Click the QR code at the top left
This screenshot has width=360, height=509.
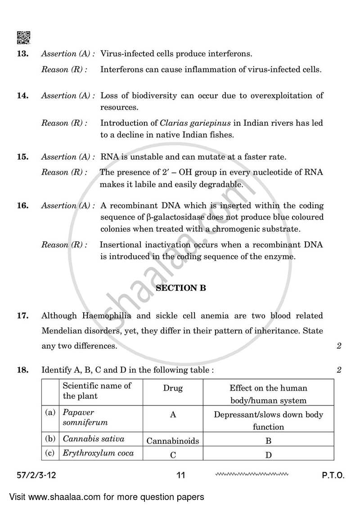point(23,38)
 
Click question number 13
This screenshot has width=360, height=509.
point(22,54)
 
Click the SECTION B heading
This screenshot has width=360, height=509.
point(181,288)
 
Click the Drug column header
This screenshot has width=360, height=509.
point(173,388)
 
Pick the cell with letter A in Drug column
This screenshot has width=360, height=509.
point(173,415)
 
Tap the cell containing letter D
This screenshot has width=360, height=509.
point(268,455)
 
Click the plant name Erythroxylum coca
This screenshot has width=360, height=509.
point(98,453)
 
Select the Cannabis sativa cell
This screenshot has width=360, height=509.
point(94,439)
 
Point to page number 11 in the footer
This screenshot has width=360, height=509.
point(181,475)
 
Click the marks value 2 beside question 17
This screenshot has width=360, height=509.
point(339,346)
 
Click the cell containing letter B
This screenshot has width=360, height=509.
point(268,440)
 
